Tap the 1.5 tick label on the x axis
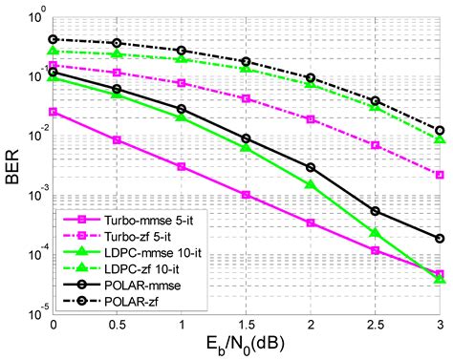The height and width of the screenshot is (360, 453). (246, 325)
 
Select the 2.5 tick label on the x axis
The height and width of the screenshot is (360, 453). (375, 325)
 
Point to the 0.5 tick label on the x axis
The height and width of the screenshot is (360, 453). (117, 325)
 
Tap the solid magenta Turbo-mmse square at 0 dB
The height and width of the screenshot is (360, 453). (53, 112)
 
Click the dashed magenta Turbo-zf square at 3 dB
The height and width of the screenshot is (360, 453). (440, 175)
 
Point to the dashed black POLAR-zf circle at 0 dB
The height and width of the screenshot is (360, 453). (53, 40)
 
